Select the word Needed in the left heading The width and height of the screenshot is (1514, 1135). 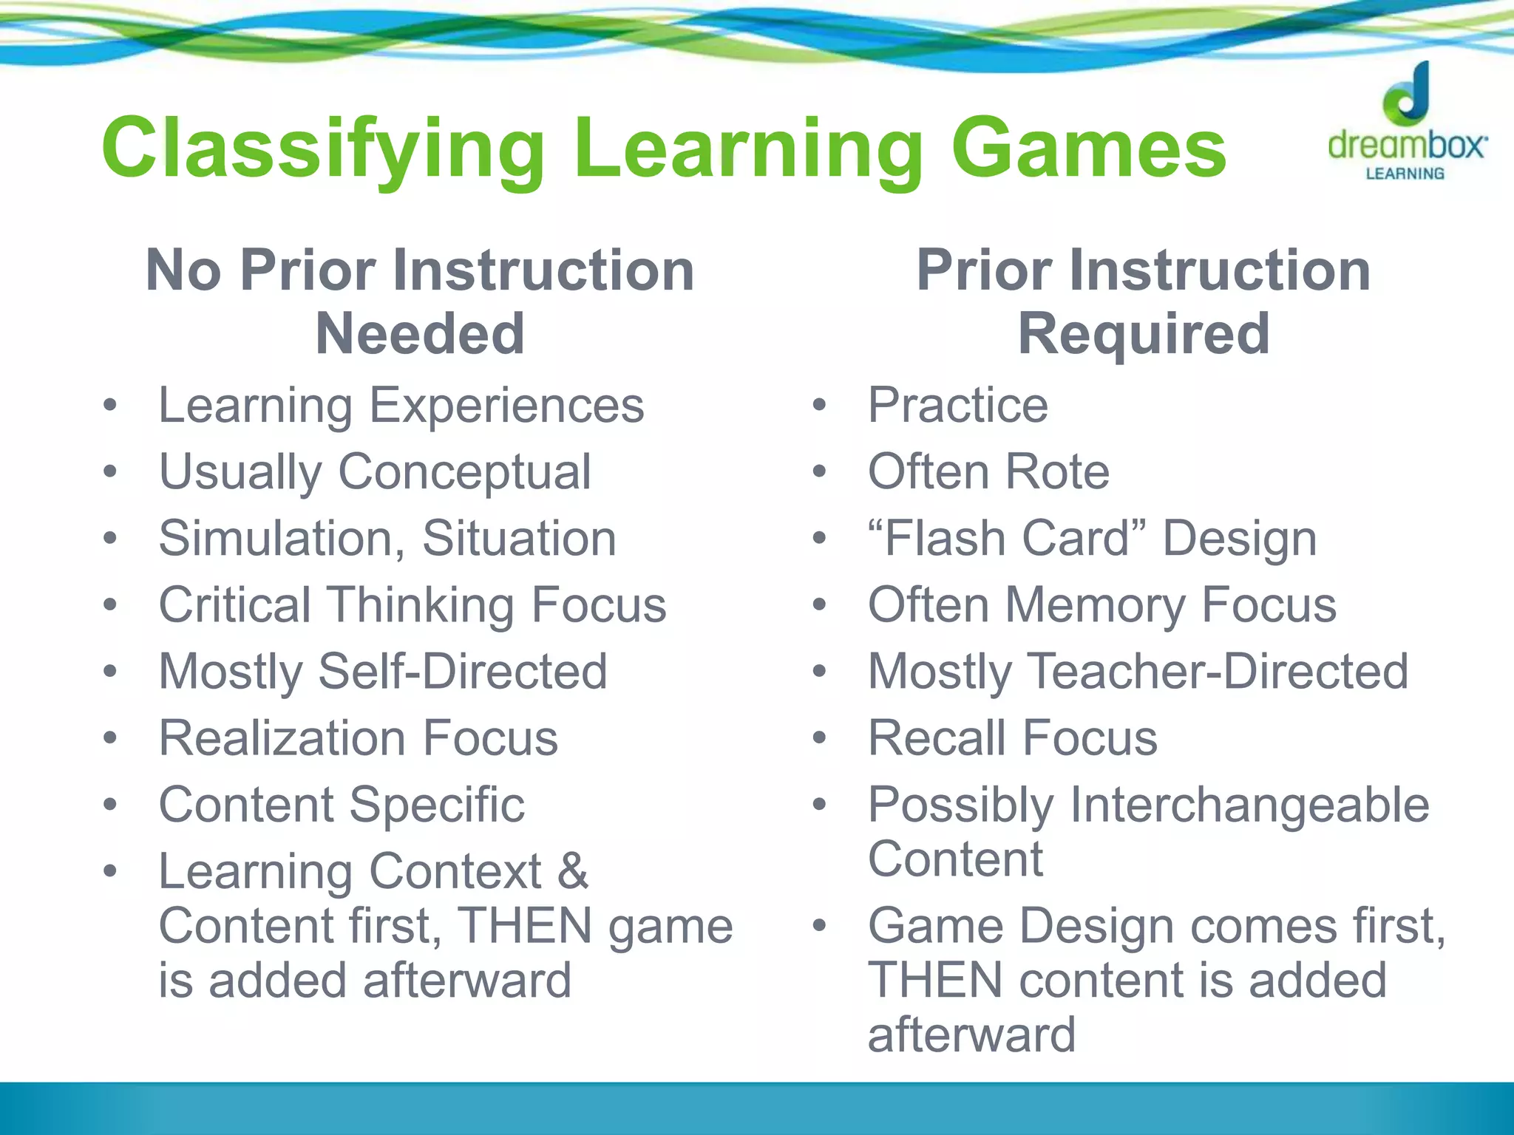coord(420,334)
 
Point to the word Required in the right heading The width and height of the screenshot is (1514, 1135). coord(1144,334)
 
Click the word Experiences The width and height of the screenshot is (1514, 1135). coord(506,406)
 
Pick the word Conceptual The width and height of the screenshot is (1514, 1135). coord(464,472)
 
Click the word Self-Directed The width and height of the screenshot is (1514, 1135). coord(462,672)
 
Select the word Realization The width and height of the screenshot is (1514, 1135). coord(283,738)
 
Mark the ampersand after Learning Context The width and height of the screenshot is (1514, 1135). coord(573,871)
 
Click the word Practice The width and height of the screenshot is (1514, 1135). coord(957,406)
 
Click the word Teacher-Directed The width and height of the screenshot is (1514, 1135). coord(1218,672)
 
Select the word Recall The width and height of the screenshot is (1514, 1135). coord(937,738)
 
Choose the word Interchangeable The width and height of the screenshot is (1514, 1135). coord(1249,805)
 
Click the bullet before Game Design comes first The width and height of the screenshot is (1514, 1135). coord(818,926)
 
